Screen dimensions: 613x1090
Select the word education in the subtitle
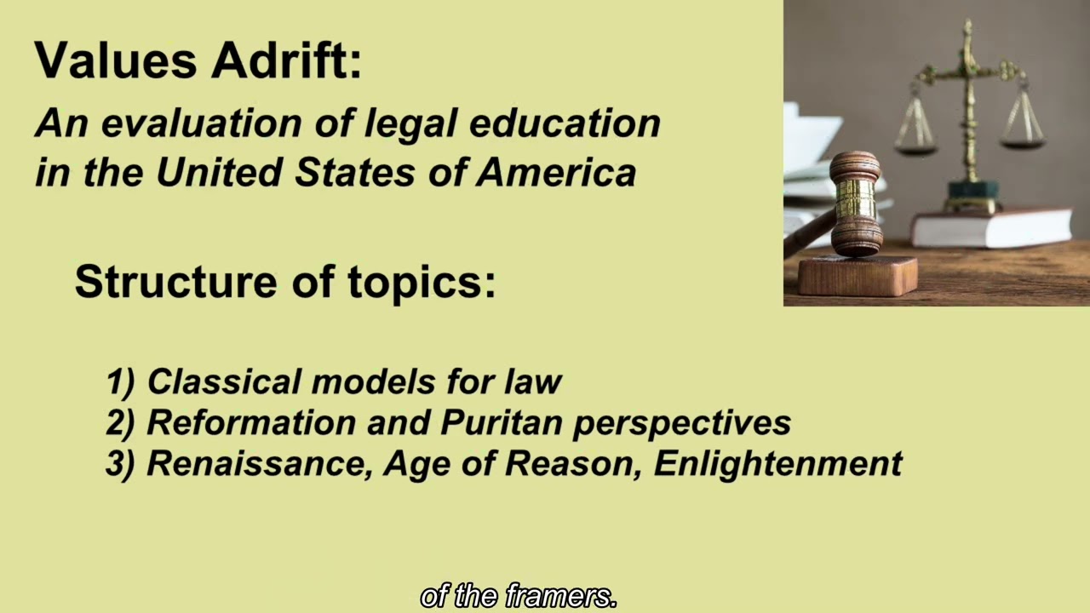564,123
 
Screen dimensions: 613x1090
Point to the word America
556,173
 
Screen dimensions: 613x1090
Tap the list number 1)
121,381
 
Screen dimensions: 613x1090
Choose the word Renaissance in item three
259,464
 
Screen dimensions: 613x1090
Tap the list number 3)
121,464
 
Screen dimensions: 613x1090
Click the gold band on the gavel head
855,200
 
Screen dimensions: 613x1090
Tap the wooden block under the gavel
857,275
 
